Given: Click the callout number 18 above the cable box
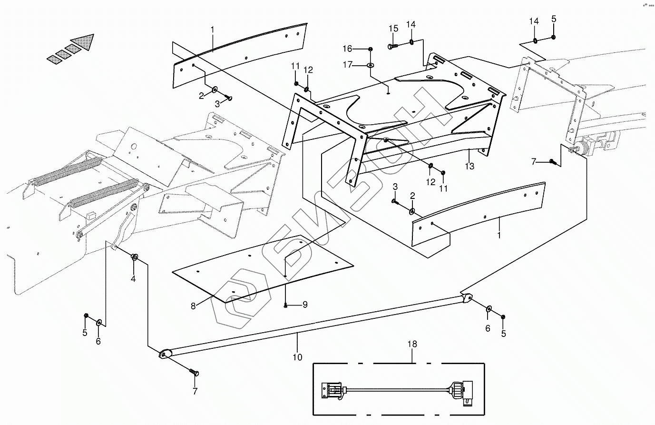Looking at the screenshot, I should point(412,344).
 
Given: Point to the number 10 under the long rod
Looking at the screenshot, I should point(297,357).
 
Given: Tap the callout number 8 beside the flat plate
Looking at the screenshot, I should point(193,306).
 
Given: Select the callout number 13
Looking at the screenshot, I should point(470,166).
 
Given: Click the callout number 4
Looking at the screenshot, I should point(133,279).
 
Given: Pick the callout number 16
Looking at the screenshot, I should point(347,49).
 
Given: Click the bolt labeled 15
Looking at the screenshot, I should point(393,46).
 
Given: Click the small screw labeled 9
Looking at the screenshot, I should point(285,305).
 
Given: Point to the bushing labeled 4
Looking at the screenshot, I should point(135,257).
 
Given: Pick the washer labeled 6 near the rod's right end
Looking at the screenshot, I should point(489,309).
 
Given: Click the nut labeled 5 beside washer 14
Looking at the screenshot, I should point(554,38).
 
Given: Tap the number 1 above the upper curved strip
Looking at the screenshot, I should point(213,30).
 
